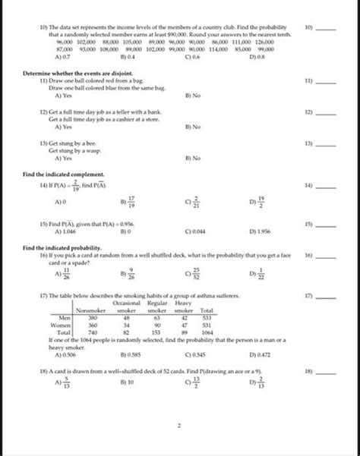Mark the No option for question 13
(x=192, y=158)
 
